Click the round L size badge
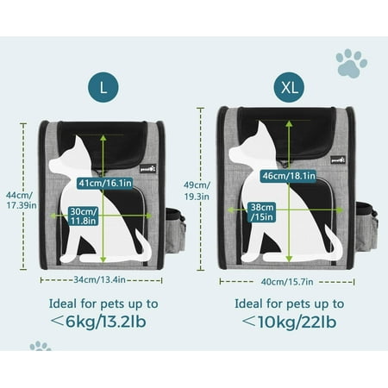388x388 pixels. pyautogui.click(x=103, y=87)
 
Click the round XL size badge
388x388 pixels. pyautogui.click(x=289, y=87)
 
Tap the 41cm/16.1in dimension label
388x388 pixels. pyautogui.click(x=104, y=183)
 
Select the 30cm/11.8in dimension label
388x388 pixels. pyautogui.click(x=84, y=216)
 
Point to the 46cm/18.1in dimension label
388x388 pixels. pyautogui.click(x=288, y=176)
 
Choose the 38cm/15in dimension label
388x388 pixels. pyautogui.click(x=262, y=212)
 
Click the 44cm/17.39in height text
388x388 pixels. pyautogui.click(x=21, y=200)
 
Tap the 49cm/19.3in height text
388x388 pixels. pyautogui.click(x=197, y=191)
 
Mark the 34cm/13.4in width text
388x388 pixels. pyautogui.click(x=99, y=279)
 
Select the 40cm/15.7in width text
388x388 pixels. pyautogui.click(x=287, y=282)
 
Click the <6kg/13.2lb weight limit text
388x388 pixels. pyautogui.click(x=98, y=322)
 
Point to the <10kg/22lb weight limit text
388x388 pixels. pyautogui.click(x=289, y=322)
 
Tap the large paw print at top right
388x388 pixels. pyautogui.click(x=351, y=63)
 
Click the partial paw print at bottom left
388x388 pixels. pyautogui.click(x=41, y=346)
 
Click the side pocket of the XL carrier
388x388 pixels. pyautogui.click(x=366, y=226)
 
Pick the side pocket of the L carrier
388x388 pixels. pyautogui.click(x=175, y=231)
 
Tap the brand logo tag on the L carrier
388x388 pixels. pyautogui.click(x=148, y=169)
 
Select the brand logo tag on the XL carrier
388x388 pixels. pyautogui.click(x=338, y=160)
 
